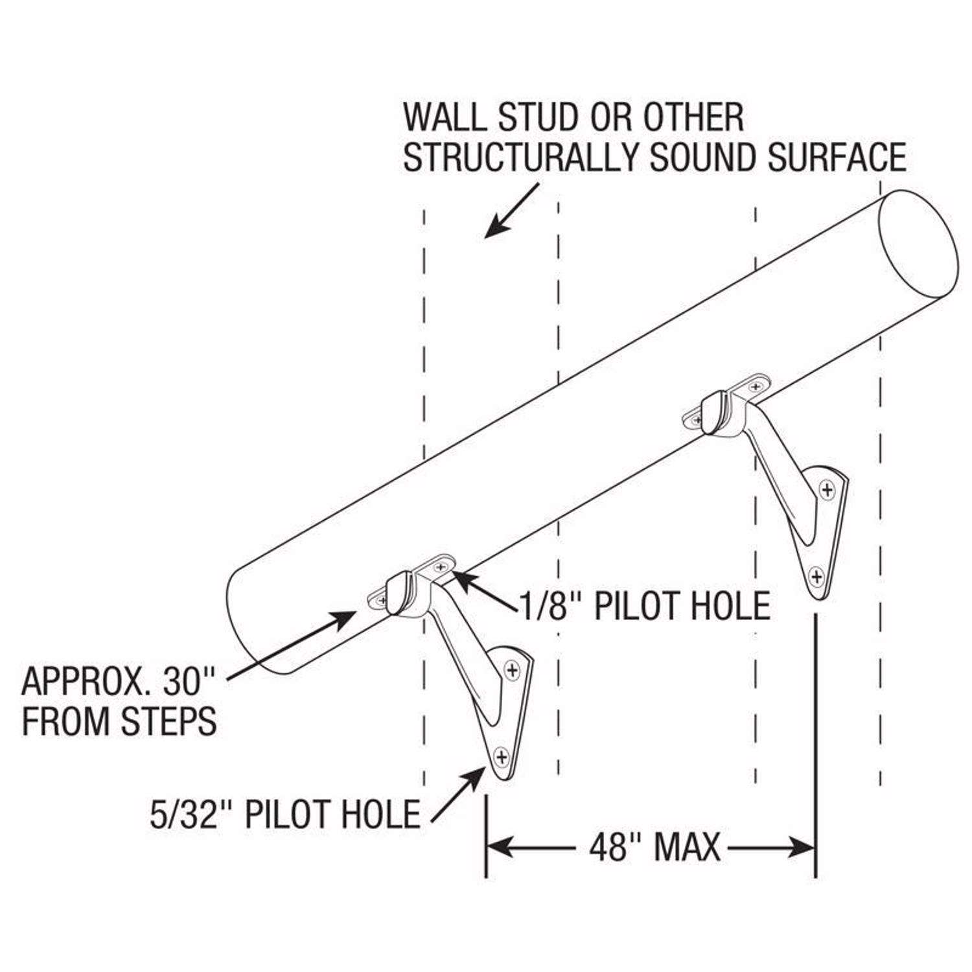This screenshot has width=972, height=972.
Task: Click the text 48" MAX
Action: pyautogui.click(x=654, y=847)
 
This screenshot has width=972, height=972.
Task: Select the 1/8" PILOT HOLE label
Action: pyautogui.click(x=645, y=606)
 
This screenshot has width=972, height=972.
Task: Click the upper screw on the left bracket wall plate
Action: pyautogui.click(x=513, y=669)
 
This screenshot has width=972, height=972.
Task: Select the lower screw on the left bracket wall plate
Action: pyautogui.click(x=500, y=755)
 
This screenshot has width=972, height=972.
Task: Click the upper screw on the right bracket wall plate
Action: pyautogui.click(x=827, y=490)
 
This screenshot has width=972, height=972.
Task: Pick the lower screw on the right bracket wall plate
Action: pyautogui.click(x=817, y=575)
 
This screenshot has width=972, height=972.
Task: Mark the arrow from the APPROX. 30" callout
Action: pyautogui.click(x=292, y=645)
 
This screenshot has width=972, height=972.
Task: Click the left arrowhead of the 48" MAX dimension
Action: pyautogui.click(x=499, y=846)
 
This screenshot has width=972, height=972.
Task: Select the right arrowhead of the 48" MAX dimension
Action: pyautogui.click(x=802, y=846)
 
